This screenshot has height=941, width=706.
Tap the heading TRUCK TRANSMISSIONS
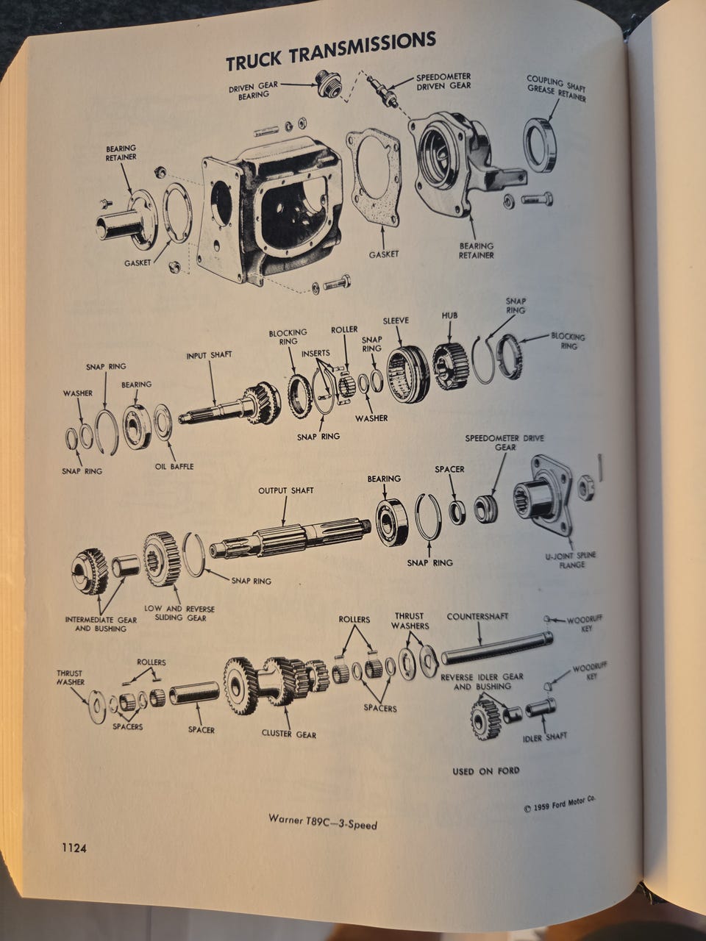tap(330, 51)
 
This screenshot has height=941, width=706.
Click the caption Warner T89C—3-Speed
tap(323, 821)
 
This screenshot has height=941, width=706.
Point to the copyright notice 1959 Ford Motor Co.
tap(560, 805)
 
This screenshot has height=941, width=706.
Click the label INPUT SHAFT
tap(209, 355)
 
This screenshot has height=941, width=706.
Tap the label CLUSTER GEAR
tap(289, 734)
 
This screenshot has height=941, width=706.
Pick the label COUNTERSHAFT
tap(477, 617)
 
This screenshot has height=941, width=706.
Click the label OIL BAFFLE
tap(174, 466)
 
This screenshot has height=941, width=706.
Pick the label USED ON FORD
tap(485, 770)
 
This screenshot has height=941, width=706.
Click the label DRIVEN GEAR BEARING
tap(253, 90)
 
